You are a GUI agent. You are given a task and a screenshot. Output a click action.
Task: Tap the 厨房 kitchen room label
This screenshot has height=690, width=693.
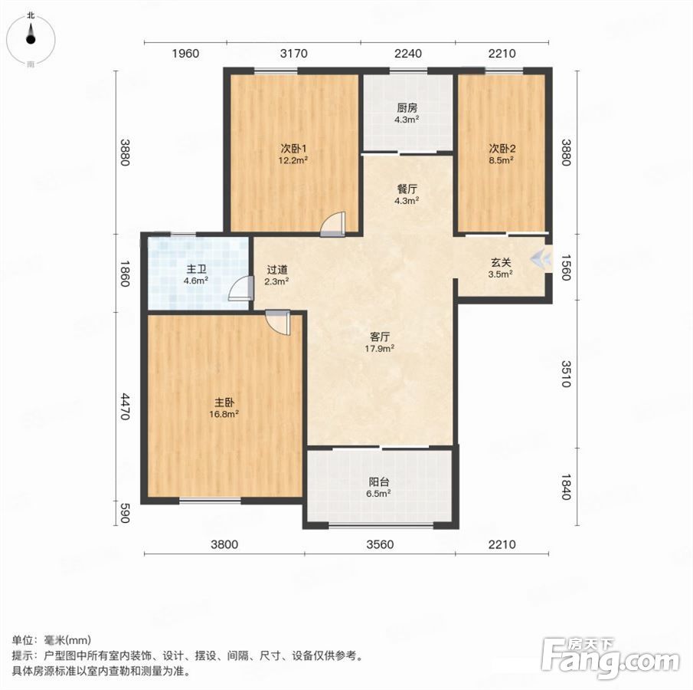click(407, 108)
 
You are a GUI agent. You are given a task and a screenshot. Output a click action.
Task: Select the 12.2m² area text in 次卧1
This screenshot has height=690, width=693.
click(293, 160)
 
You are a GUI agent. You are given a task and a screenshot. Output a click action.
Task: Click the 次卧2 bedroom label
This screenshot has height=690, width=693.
click(502, 149)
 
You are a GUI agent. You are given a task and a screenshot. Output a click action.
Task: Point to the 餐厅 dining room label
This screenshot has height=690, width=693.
click(407, 189)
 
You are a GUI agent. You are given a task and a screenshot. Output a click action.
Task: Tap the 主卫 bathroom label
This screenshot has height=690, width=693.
click(196, 269)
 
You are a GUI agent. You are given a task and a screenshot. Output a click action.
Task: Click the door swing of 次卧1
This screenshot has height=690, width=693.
click(333, 225)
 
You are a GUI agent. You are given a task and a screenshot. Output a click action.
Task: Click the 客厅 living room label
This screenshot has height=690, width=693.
click(380, 337)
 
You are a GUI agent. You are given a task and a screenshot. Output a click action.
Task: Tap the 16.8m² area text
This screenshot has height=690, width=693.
click(224, 414)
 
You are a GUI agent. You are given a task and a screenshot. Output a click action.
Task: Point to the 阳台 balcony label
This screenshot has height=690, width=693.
click(379, 482)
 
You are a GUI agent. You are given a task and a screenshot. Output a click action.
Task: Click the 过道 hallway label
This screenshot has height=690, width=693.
click(277, 270)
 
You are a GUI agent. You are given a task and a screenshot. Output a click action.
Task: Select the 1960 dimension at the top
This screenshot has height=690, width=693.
click(185, 54)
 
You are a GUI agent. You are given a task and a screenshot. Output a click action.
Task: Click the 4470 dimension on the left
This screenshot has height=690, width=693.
click(125, 406)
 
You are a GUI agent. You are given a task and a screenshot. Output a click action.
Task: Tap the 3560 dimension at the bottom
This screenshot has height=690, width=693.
click(380, 544)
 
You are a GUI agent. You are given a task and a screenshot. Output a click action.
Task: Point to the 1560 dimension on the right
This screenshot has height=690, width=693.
click(566, 267)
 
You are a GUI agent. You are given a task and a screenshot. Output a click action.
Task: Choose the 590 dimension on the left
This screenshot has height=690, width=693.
click(125, 513)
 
